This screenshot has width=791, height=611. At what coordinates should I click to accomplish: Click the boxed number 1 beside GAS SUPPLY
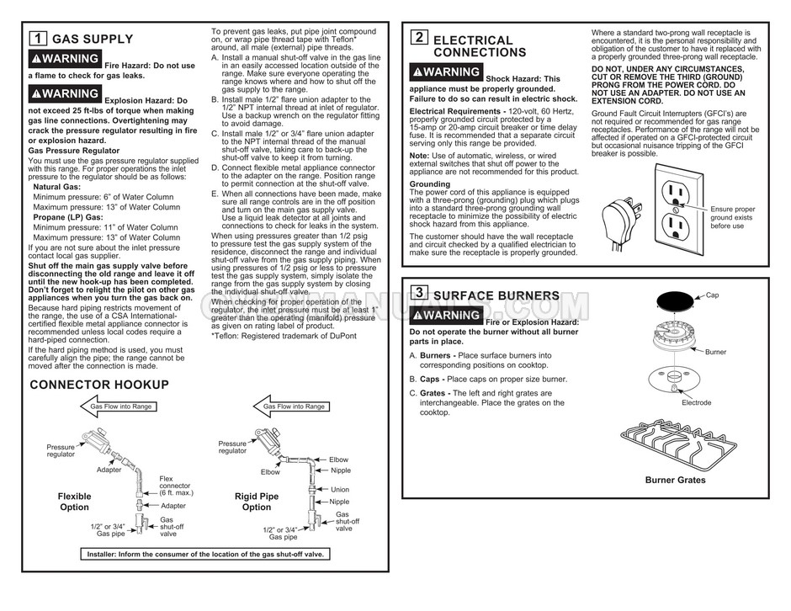click(39, 38)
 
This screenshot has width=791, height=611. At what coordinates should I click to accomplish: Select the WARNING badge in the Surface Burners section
click(446, 316)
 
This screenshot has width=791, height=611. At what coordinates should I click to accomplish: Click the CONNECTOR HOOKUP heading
click(99, 385)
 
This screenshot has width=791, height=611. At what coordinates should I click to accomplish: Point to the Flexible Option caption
click(74, 502)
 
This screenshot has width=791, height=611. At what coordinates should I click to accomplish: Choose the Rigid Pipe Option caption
click(256, 502)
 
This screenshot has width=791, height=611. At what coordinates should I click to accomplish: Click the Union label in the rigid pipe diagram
click(339, 489)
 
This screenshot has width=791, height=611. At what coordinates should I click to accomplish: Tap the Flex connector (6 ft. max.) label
click(176, 486)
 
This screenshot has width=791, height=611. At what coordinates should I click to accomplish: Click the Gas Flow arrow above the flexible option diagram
click(121, 406)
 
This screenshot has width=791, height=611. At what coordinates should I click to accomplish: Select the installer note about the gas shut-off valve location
click(205, 554)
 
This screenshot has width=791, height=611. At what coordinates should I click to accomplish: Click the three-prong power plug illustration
click(621, 222)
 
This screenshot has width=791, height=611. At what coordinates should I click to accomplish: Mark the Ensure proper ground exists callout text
click(732, 217)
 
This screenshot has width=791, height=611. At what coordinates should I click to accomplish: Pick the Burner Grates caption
click(675, 481)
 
